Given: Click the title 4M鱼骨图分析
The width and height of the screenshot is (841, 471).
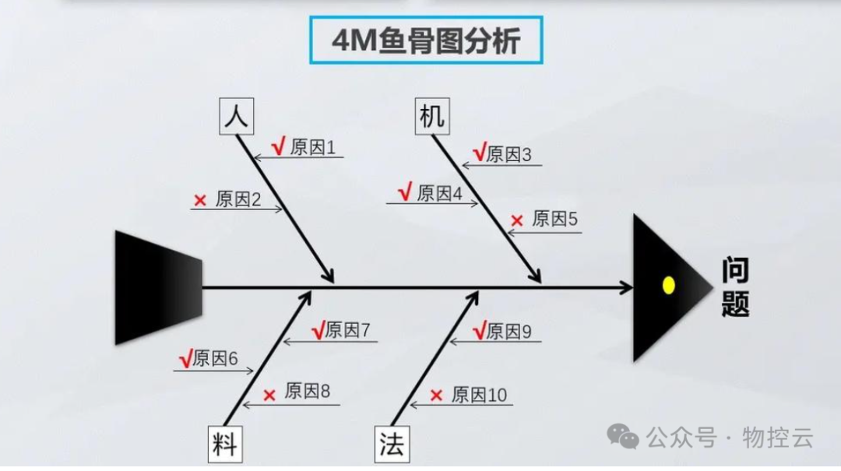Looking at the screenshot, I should coord(426,41).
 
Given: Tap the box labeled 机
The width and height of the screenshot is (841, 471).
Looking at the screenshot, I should coord(431,117).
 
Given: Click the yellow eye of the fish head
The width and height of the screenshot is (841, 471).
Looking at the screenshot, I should coord(667,285).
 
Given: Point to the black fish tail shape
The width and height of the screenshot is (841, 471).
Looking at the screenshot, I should coord(159,287).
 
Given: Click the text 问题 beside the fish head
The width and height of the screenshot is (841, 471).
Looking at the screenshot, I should coord(735,287).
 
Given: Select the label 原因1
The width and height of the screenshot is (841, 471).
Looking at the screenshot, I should coord(313,147).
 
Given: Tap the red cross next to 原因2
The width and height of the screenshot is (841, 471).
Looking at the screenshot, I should coord(200,201).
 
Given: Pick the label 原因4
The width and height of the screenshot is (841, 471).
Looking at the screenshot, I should coord(440,193).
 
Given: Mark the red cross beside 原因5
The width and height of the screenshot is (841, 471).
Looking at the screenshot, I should coord(516,221).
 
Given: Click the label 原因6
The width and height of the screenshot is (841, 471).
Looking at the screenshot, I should coord(215,359).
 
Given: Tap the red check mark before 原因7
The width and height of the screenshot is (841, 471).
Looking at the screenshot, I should coord(318,331).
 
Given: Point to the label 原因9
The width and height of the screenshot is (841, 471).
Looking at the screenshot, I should coord(508,332).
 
